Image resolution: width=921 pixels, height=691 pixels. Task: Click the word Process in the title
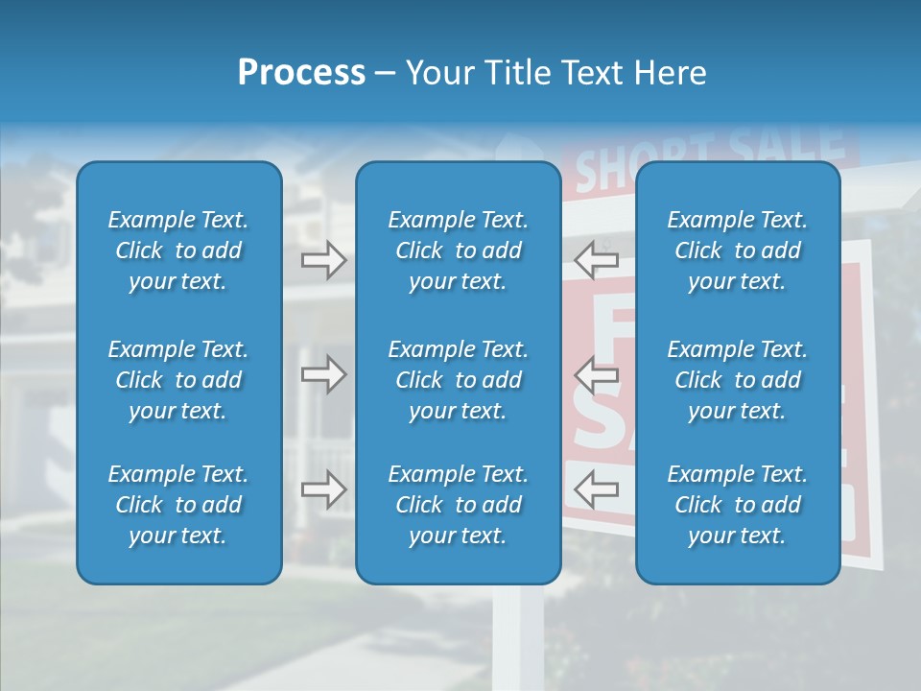[x=301, y=73]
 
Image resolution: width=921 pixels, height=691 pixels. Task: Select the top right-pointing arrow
[x=324, y=260]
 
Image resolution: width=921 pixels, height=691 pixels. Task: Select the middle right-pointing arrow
[x=324, y=374]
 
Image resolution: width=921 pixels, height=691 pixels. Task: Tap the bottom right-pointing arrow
[x=324, y=489]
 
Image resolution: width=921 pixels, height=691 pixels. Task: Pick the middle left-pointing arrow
[x=596, y=374]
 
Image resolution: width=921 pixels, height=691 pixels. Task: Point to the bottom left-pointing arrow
[x=596, y=489]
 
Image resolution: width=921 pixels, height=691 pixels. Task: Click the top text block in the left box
[x=178, y=250]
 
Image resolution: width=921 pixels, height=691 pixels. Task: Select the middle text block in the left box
[x=178, y=380]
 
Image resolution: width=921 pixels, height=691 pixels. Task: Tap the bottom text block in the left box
[x=178, y=505]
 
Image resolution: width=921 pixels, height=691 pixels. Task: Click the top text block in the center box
[x=458, y=250]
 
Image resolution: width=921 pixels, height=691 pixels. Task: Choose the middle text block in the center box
[x=458, y=380]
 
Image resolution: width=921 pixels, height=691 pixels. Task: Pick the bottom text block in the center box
[x=458, y=505]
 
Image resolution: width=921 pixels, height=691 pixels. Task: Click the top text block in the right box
[x=737, y=250]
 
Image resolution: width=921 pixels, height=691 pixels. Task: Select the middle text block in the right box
[x=737, y=380]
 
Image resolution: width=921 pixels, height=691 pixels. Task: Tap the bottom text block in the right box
[x=737, y=505]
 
